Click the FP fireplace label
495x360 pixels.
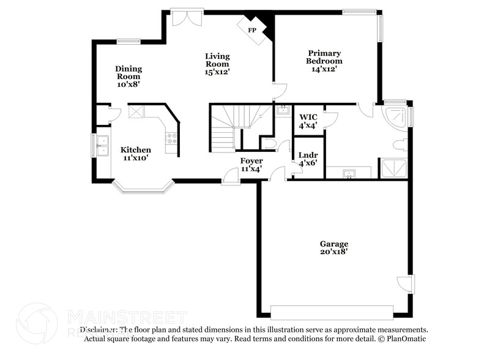[251, 29]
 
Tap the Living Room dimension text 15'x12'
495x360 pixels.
[217, 72]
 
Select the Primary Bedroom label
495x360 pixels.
[324, 57]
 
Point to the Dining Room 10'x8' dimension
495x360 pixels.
[128, 84]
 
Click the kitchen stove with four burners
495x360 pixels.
[171, 137]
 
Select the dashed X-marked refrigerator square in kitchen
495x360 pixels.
[136, 112]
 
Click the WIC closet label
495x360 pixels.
[308, 118]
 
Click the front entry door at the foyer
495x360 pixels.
[231, 178]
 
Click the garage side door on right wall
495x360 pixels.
[406, 284]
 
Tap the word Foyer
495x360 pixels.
[251, 160]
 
